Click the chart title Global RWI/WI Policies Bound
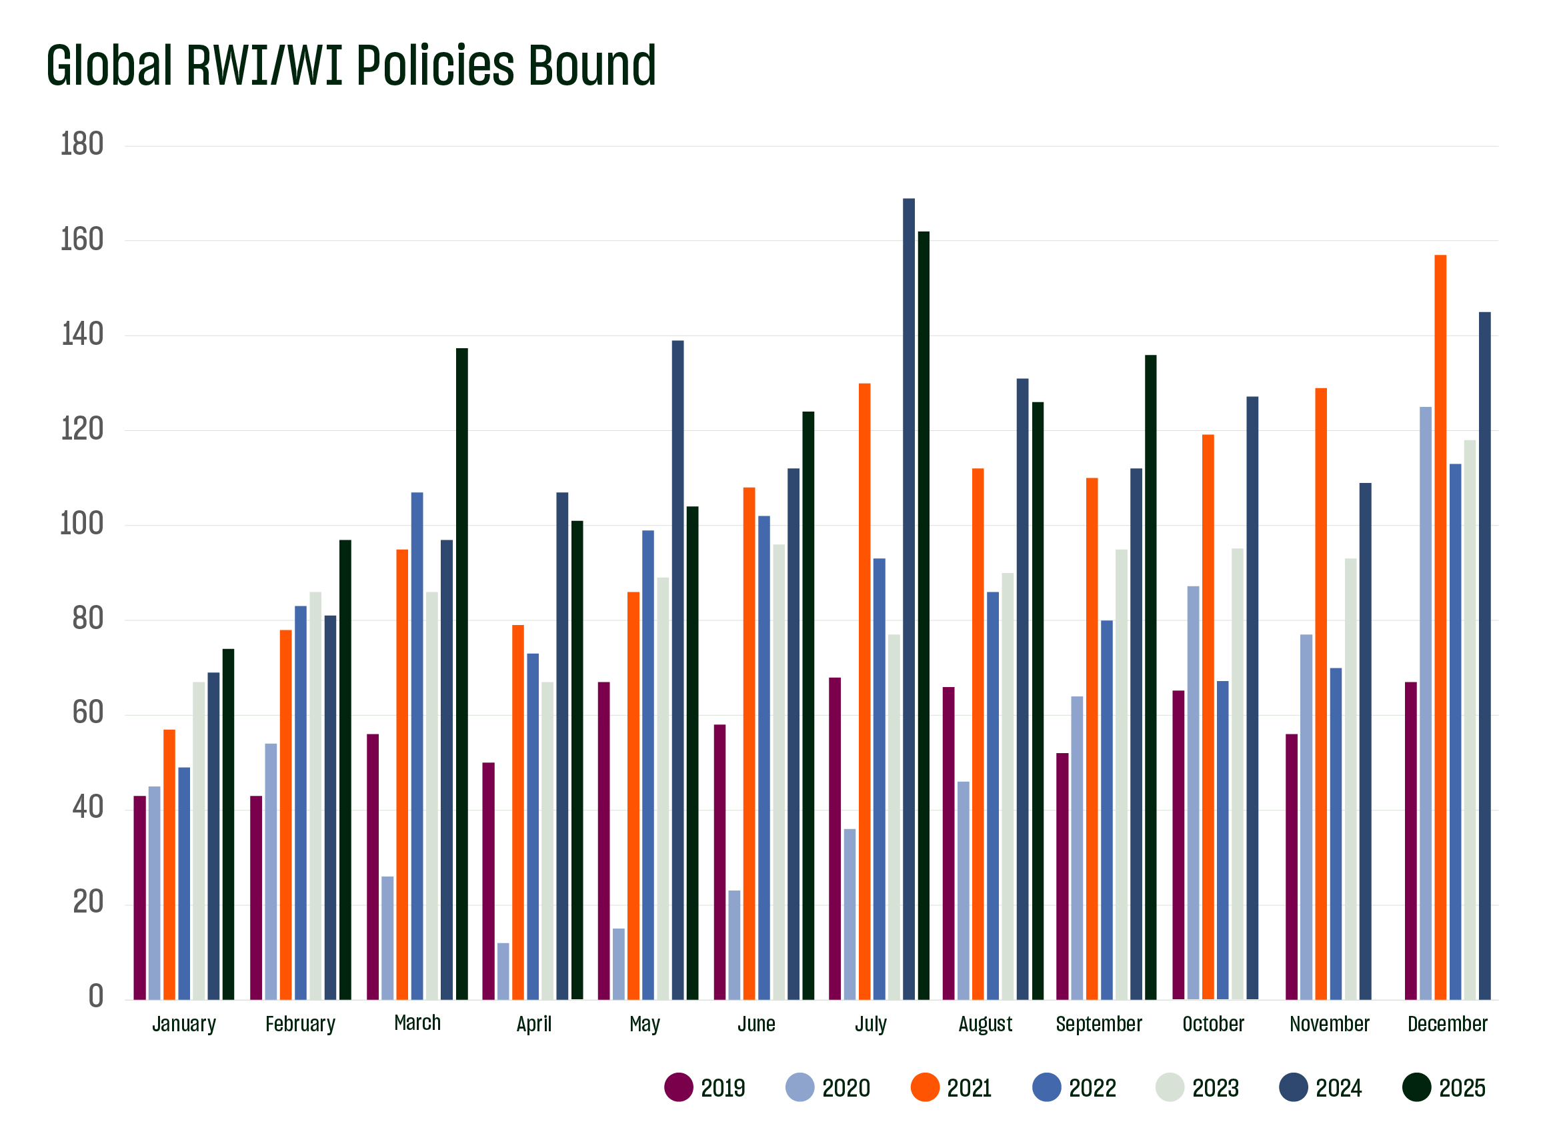click(x=351, y=66)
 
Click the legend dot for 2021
click(x=925, y=1087)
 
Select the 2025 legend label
click(x=1462, y=1088)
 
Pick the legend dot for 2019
click(x=679, y=1087)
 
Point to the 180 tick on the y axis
click(x=82, y=145)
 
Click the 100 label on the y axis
click(x=82, y=524)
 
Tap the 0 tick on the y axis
click(x=96, y=997)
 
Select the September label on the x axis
click(x=1099, y=1024)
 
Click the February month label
click(x=300, y=1024)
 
